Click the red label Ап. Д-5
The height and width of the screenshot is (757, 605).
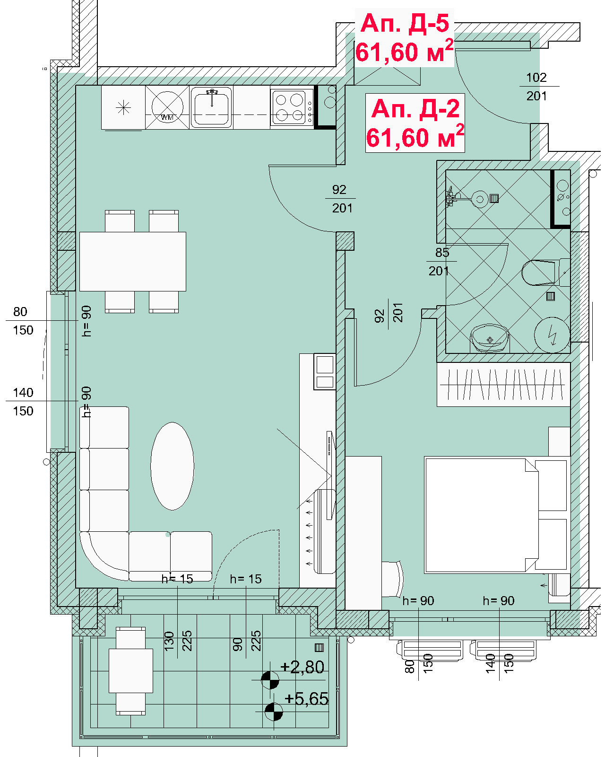[405, 23]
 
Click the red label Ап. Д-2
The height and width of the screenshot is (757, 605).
[415, 108]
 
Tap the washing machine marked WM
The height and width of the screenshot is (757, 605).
[167, 107]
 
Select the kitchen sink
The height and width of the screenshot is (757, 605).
[211, 107]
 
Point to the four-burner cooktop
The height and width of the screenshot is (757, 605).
[292, 108]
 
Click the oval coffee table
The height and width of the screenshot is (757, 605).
[172, 466]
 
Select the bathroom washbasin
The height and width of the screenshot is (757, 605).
[490, 338]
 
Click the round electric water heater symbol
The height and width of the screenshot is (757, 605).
[552, 335]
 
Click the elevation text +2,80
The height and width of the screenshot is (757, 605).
[302, 667]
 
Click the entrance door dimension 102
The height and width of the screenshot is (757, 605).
[536, 78]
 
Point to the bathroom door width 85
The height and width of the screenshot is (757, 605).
[442, 252]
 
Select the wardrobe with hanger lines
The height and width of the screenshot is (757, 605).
[503, 385]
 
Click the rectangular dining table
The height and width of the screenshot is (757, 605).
[133, 261]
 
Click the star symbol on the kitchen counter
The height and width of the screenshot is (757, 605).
[123, 107]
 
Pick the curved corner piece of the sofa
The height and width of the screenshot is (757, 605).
[104, 556]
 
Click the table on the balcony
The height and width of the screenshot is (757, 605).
[131, 670]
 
